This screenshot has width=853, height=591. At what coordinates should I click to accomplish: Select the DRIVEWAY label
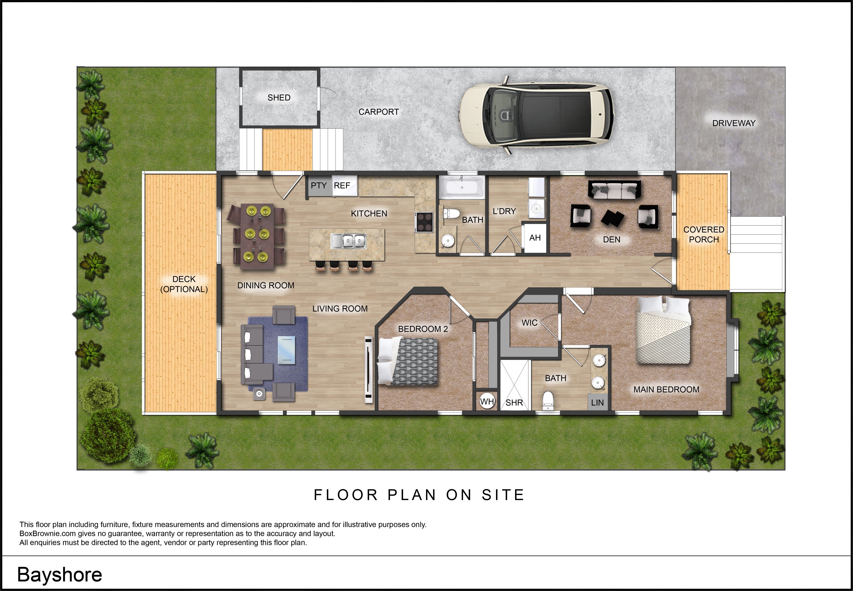(734, 123)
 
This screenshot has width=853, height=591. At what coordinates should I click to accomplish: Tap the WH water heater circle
(487, 401)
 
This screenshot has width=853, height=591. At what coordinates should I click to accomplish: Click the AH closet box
(535, 238)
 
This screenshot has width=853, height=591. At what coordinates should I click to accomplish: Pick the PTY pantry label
(319, 185)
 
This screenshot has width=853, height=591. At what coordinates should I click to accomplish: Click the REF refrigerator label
(342, 185)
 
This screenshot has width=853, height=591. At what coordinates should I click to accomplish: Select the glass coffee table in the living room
(286, 348)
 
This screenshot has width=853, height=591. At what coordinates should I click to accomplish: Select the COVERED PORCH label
(704, 234)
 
